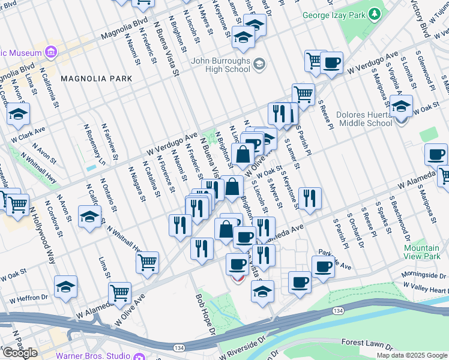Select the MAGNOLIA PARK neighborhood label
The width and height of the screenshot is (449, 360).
[96, 79]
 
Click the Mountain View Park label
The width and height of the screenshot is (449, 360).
[421, 252]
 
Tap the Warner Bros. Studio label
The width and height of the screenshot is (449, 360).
[94, 355]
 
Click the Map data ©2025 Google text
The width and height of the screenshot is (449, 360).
[412, 355]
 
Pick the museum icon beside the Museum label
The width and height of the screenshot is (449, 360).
[49, 53]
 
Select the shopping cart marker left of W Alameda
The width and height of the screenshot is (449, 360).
[119, 293]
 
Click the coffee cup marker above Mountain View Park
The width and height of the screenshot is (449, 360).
[436, 155]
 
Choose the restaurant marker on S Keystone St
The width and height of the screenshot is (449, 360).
[309, 199]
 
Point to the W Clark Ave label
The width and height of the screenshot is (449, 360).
[32, 130]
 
